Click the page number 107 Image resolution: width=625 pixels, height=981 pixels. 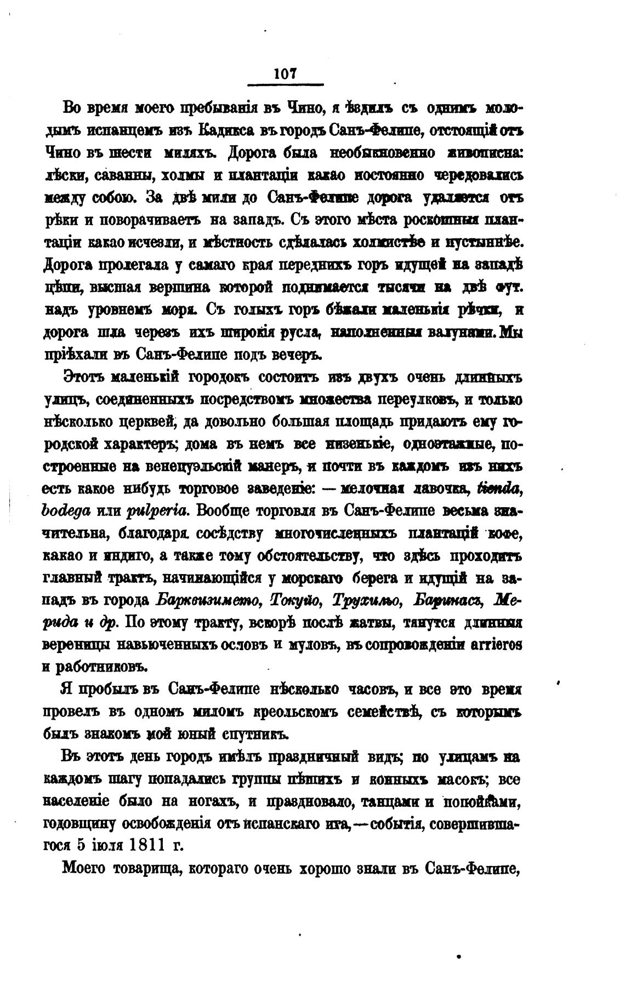(x=285, y=73)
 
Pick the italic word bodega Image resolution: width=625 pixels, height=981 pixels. (x=66, y=510)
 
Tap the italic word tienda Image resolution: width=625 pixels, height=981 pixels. (x=498, y=488)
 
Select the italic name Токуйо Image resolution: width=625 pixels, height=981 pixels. (x=297, y=600)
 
